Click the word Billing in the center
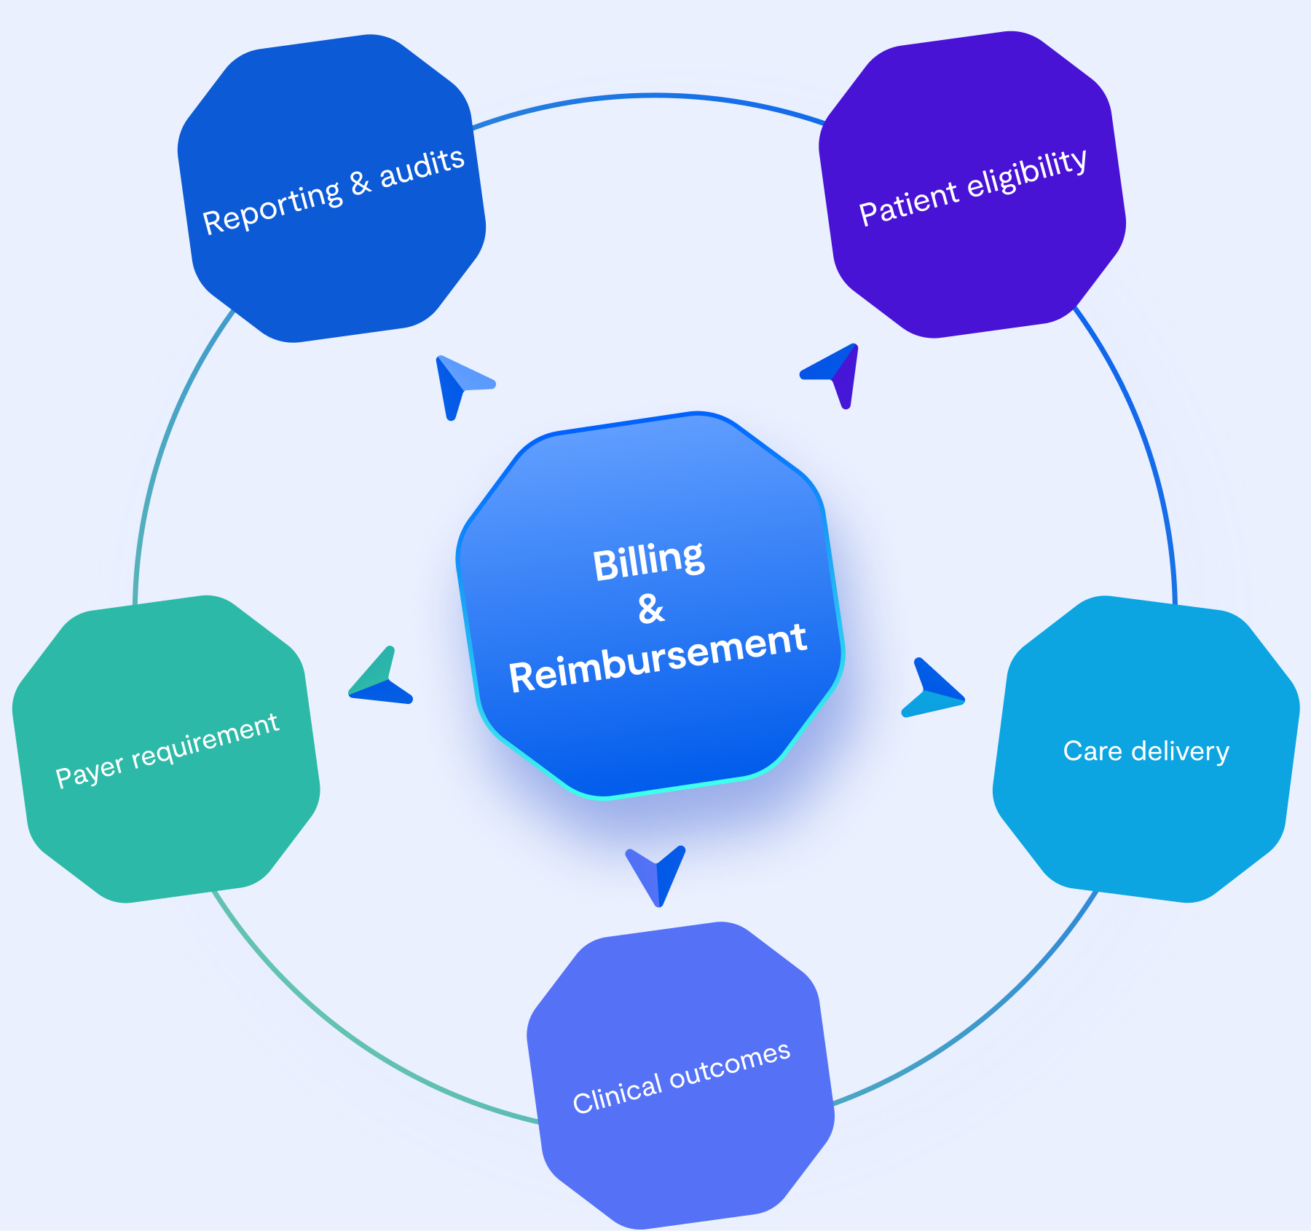[648, 561]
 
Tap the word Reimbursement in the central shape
[658, 658]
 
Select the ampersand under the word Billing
[651, 609]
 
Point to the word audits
[422, 167]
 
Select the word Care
[1092, 751]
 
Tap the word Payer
[90, 772]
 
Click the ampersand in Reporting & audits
[361, 183]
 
